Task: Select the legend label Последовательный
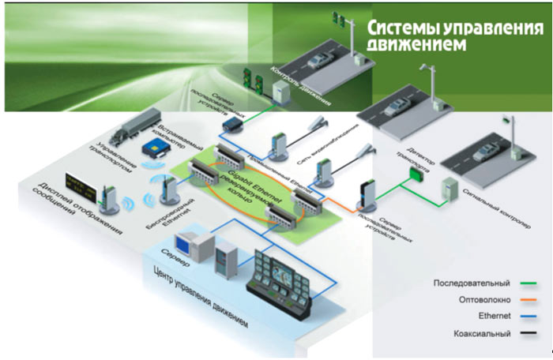tap(471, 283)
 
